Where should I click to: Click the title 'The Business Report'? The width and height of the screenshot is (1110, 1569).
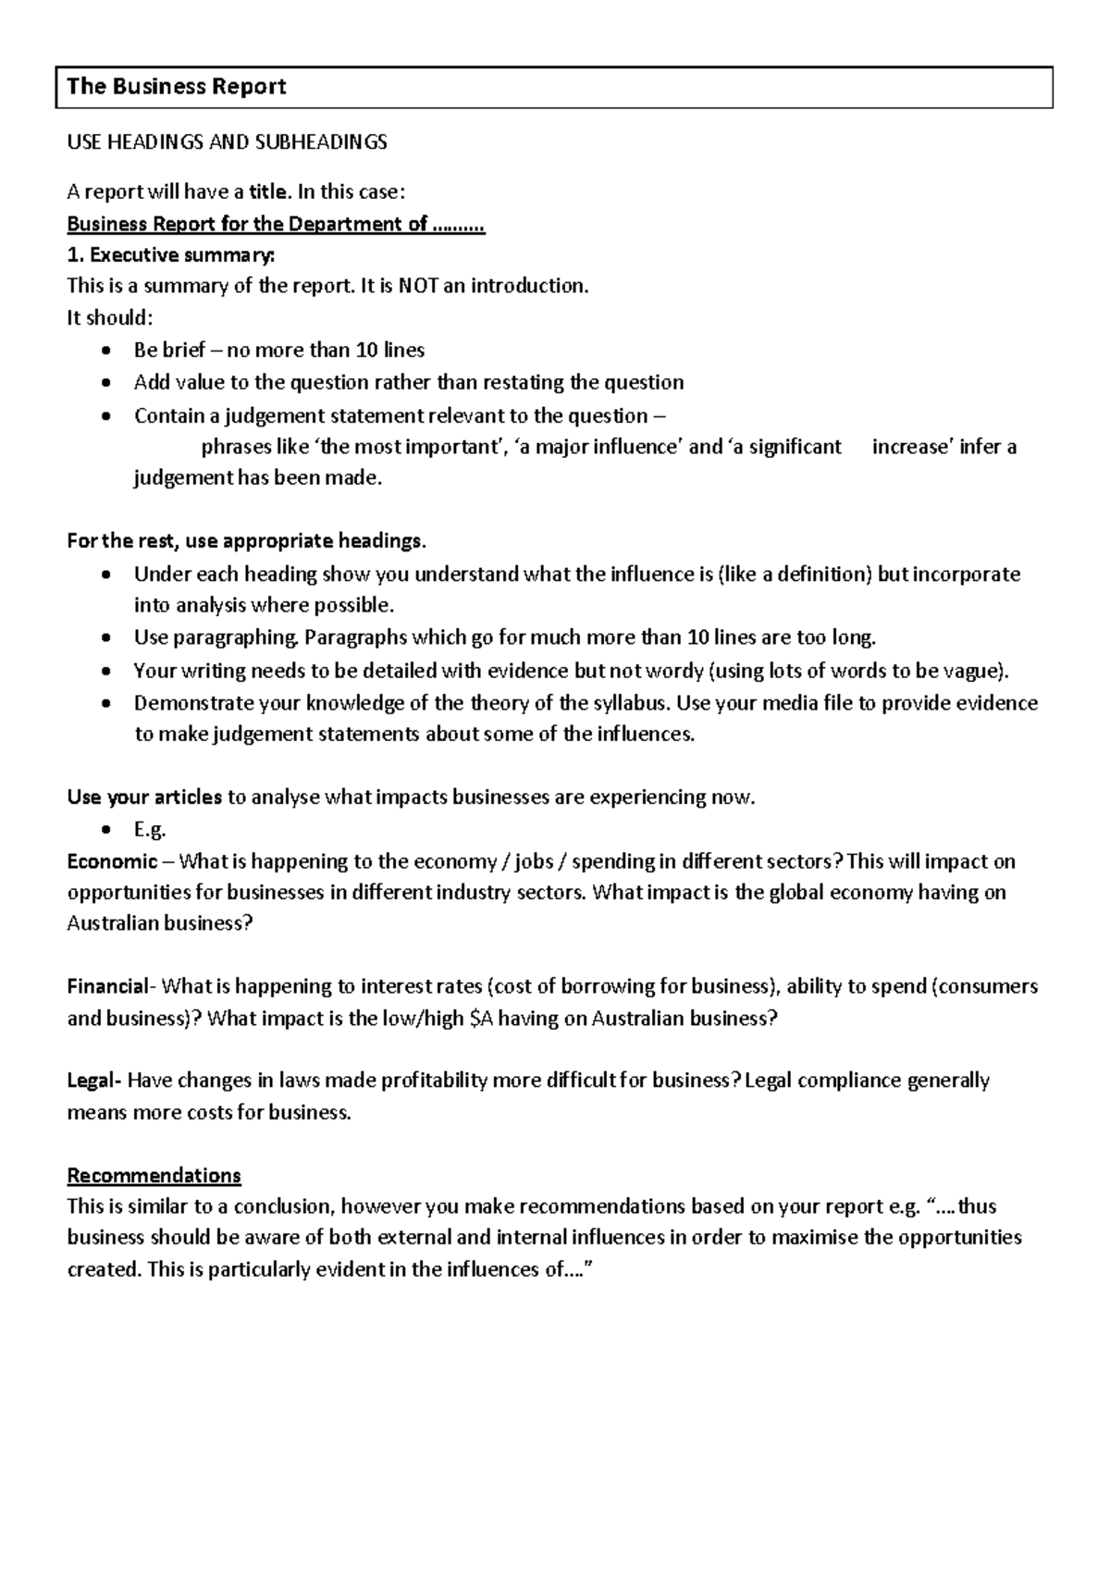coord(177,87)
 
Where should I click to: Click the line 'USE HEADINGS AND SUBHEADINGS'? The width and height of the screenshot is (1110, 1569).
coord(227,142)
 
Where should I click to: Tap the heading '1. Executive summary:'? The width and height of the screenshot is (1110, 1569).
coord(171,254)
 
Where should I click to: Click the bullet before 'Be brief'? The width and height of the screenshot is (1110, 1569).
coord(108,351)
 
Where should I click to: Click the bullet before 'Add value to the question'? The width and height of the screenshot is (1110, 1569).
coord(108,383)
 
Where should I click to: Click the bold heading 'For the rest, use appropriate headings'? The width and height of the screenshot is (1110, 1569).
coord(247,541)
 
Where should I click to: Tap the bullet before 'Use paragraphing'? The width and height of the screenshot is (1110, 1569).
coord(108,638)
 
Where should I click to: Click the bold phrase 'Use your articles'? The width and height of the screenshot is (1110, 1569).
coord(144,797)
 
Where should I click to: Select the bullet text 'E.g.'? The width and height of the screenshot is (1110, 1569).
coord(149,830)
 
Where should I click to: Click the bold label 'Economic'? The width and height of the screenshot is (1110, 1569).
coord(112,862)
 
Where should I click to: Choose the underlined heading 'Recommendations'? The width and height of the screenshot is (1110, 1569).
coord(154,1176)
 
